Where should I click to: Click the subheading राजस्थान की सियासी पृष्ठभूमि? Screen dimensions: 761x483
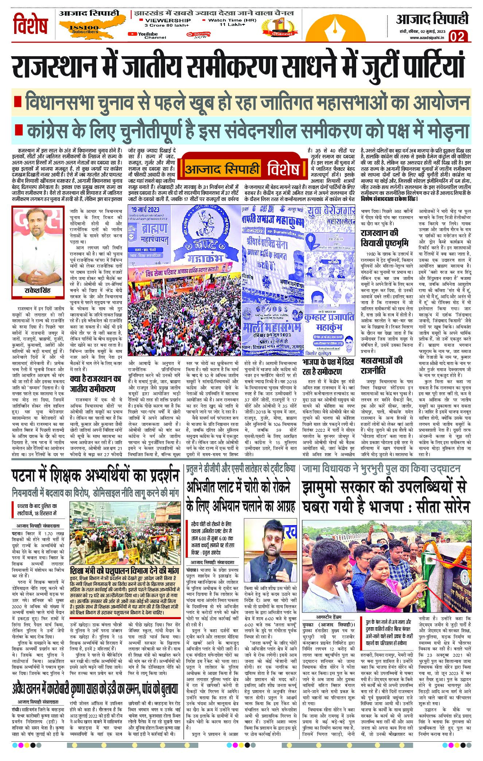384,238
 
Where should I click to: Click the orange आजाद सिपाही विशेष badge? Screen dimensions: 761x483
242,169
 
